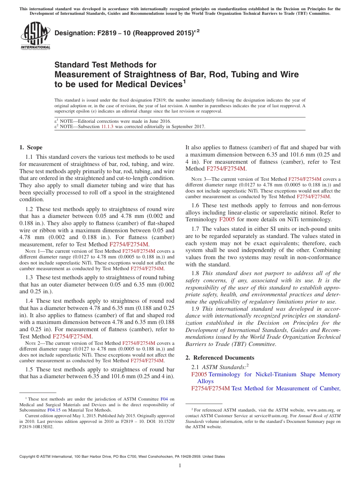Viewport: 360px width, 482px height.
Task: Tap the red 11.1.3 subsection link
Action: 107,127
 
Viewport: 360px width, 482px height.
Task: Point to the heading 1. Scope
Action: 31,147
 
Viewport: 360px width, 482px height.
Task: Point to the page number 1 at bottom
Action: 180,465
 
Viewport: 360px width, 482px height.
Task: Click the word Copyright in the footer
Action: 28,457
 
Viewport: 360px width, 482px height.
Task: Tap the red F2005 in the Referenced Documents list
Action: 199,374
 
